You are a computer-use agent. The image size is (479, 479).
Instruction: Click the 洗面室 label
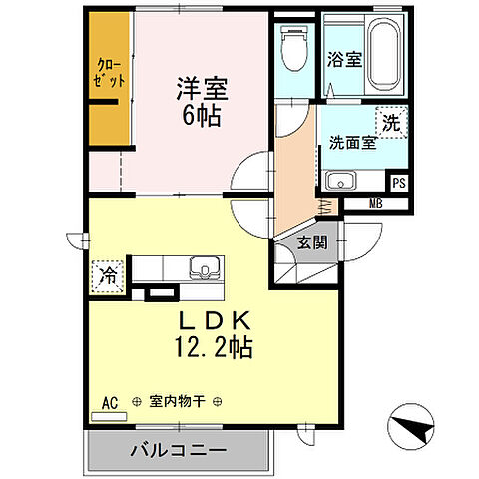[x=352, y=142]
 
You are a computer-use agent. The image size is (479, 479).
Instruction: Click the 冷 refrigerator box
[x=106, y=275]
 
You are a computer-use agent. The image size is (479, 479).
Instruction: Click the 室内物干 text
[x=177, y=402]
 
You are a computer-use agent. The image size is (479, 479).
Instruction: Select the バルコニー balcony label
[x=177, y=450]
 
